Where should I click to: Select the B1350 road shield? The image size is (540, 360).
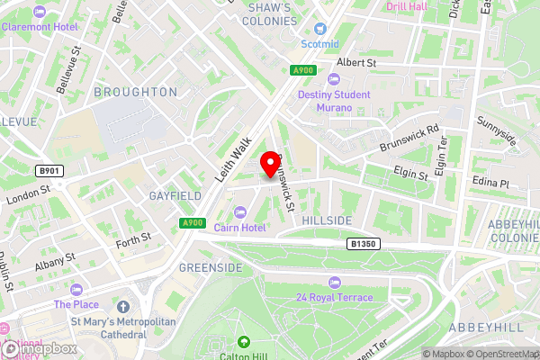(361, 244)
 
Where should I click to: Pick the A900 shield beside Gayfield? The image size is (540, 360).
(191, 222)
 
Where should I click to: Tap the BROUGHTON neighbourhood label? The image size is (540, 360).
(135, 92)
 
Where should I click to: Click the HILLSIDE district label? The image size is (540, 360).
(327, 220)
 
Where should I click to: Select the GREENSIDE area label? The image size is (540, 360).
(210, 268)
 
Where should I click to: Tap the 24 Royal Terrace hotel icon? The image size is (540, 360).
(333, 283)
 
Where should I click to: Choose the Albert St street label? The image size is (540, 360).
(355, 63)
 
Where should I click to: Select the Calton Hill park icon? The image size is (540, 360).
(244, 343)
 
